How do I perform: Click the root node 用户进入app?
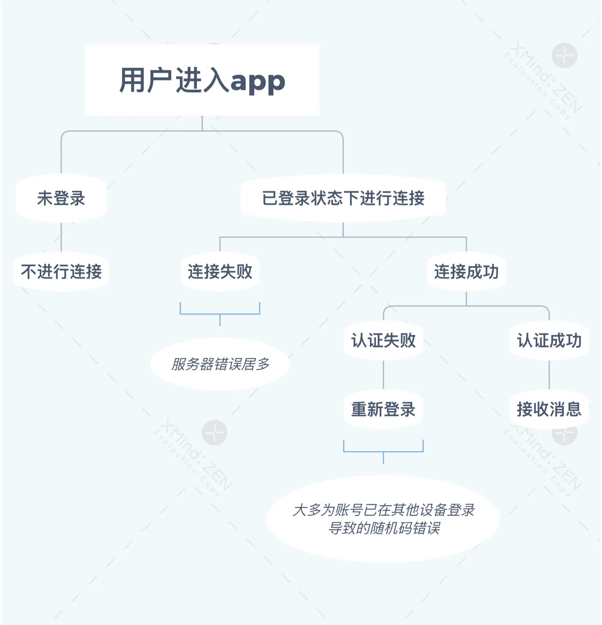(202, 80)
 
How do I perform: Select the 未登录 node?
(61, 198)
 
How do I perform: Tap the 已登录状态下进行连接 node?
(343, 198)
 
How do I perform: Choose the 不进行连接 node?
(61, 272)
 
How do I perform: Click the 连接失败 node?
(220, 272)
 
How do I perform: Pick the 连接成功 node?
(466, 272)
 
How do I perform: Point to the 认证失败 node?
(383, 340)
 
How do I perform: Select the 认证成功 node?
(549, 340)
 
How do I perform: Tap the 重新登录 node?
(383, 409)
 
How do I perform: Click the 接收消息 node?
(549, 409)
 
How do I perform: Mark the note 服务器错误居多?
(220, 364)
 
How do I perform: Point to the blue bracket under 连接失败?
(220, 314)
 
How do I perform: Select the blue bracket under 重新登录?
(383, 451)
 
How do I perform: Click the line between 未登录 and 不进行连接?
(61, 237)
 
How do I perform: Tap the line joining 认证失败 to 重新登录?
(383, 375)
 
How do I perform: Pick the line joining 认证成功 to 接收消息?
(549, 375)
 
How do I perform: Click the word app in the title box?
(258, 81)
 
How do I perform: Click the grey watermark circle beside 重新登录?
(214, 432)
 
